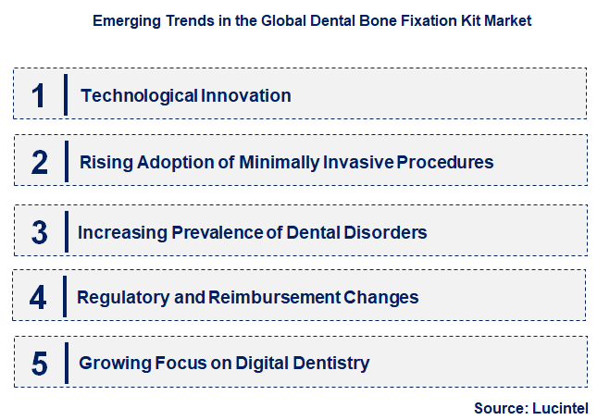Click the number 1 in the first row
[x=39, y=95]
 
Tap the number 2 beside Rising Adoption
[x=39, y=163]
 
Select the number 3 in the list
[x=39, y=232]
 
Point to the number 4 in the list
[x=38, y=297]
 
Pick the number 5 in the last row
[x=39, y=364]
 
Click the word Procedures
[x=445, y=163]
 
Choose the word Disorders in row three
[x=385, y=232]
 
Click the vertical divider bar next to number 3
[x=66, y=231]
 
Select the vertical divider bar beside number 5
[x=66, y=363]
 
